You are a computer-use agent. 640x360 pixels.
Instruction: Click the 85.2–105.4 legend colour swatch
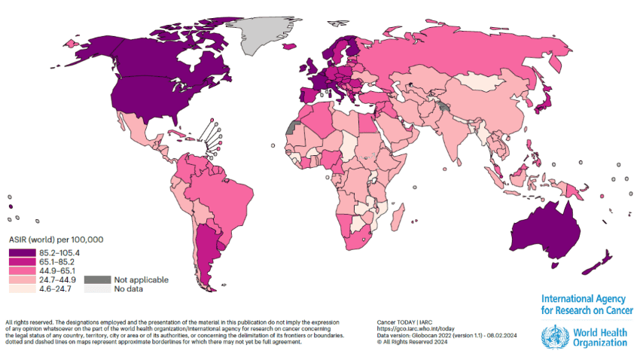[x=18, y=252]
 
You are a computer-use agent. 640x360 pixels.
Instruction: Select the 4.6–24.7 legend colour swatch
[x=18, y=288]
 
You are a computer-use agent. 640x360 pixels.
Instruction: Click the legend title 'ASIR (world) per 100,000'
[x=56, y=239]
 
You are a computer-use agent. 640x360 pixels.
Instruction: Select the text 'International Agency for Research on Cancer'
[x=587, y=304]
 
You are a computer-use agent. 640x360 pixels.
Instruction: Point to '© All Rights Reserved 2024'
[x=419, y=342]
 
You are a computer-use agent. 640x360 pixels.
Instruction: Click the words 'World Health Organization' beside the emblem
[x=599, y=337]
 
